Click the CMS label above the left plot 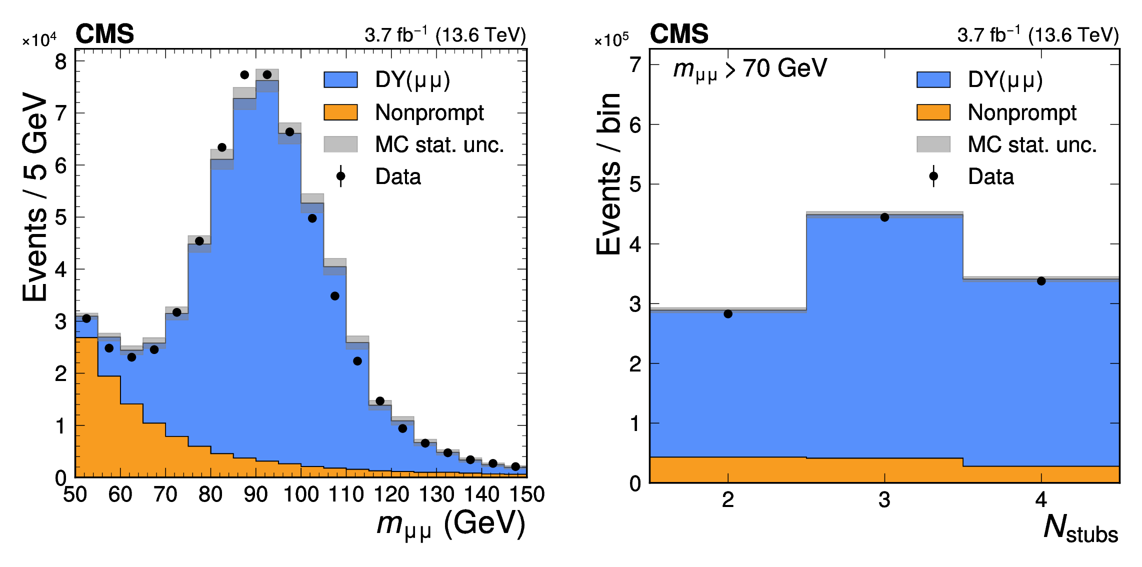pyautogui.click(x=104, y=34)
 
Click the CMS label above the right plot pyautogui.click(x=678, y=34)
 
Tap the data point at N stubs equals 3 pyautogui.click(x=884, y=217)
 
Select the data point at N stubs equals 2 pyautogui.click(x=728, y=314)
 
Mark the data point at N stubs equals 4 pyautogui.click(x=1041, y=281)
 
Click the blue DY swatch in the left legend pyautogui.click(x=340, y=79)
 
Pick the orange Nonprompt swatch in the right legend pyautogui.click(x=933, y=112)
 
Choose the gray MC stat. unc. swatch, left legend pyautogui.click(x=340, y=144)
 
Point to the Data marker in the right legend pyautogui.click(x=933, y=176)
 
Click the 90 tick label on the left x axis pyautogui.click(x=255, y=494)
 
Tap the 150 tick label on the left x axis pyautogui.click(x=526, y=494)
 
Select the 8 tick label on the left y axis pyautogui.click(x=60, y=62)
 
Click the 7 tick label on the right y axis pyautogui.click(x=635, y=64)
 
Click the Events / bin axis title pyautogui.click(x=608, y=173)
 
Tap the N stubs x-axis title pyautogui.click(x=1080, y=528)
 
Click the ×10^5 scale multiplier pyautogui.click(x=611, y=40)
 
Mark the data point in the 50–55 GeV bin pyautogui.click(x=86, y=318)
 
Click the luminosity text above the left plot pyautogui.click(x=445, y=34)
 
